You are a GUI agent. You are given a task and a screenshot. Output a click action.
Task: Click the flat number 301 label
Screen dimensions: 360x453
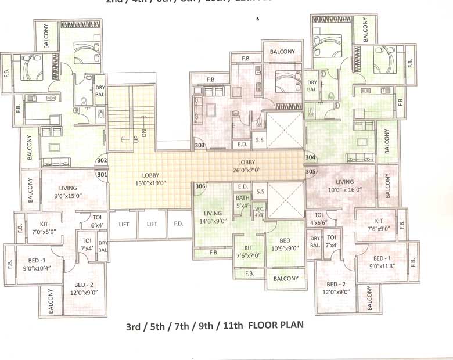102,174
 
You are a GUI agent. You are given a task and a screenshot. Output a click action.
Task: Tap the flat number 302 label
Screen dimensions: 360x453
102,160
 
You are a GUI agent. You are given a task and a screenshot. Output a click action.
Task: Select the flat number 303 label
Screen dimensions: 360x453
200,145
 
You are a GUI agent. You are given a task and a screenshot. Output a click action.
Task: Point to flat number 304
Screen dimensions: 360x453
310,157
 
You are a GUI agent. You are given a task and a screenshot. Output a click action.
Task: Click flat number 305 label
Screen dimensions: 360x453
310,171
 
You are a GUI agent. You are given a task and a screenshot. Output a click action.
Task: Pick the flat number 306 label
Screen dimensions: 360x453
200,186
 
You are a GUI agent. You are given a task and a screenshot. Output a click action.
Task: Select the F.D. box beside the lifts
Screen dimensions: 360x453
178,224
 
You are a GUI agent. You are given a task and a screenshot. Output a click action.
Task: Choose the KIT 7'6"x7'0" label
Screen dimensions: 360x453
247,251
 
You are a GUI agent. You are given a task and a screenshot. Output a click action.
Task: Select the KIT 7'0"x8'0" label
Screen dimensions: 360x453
44,227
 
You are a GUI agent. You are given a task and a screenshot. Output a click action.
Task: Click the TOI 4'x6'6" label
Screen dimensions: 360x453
318,218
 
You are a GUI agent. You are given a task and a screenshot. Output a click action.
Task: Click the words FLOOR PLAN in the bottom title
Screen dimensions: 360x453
275,326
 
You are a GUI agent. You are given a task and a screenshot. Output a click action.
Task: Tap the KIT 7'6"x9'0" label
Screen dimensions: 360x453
378,225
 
